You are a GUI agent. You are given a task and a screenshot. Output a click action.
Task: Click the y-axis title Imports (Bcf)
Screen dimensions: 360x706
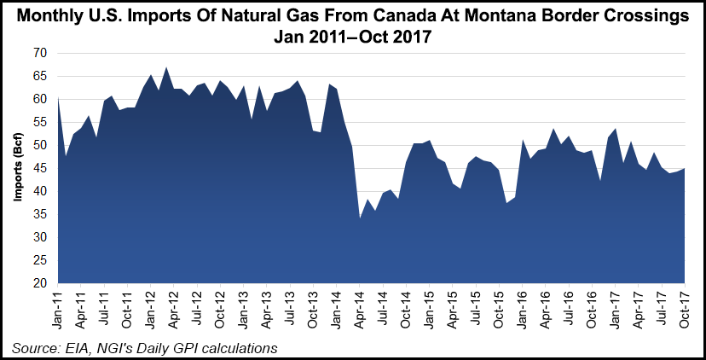pos(16,168)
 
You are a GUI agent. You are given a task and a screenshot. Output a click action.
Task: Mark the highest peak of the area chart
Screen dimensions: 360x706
pos(166,67)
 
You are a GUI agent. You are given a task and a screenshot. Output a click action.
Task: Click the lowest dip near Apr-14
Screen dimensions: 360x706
pos(360,218)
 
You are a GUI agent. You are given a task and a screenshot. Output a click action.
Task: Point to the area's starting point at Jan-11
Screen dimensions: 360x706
pos(59,99)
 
